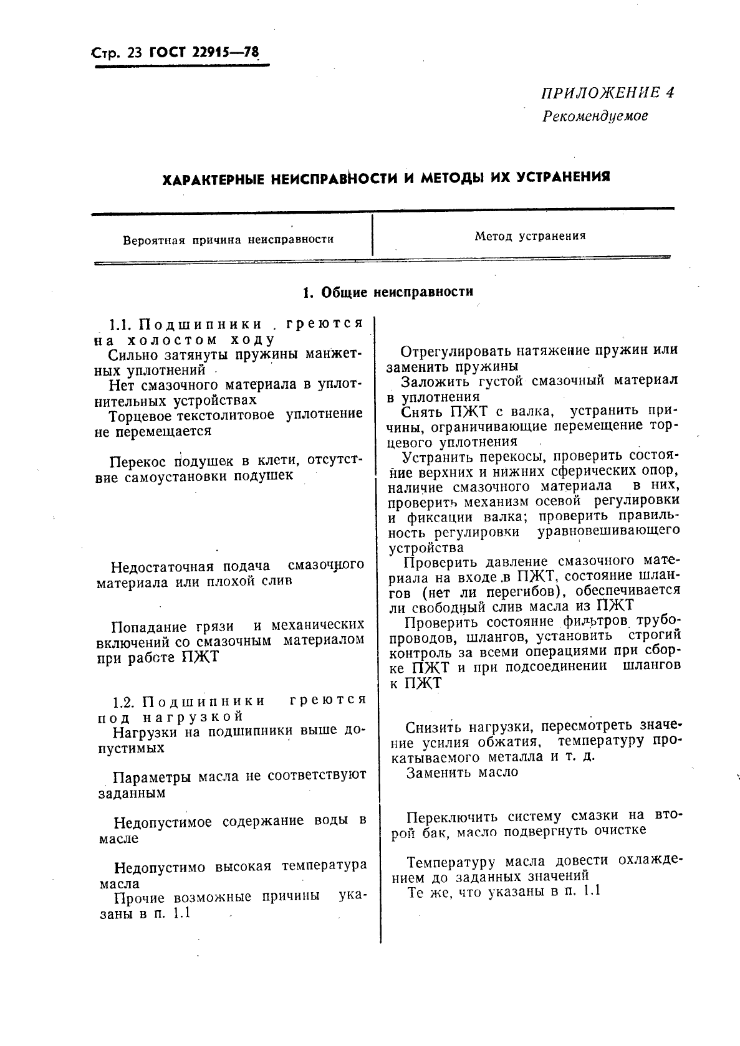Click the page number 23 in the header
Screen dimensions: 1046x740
click(x=134, y=54)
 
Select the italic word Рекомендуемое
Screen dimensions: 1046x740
click(x=595, y=116)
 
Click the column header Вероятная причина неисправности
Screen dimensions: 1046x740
click(x=228, y=239)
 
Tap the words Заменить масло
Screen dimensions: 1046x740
click(x=462, y=773)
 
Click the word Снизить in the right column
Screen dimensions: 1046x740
click(x=433, y=727)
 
